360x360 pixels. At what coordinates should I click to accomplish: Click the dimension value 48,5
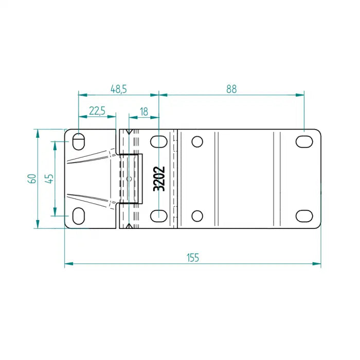click(118, 89)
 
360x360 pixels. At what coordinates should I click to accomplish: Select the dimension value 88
click(231, 89)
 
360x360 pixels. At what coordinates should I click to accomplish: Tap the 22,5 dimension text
click(97, 111)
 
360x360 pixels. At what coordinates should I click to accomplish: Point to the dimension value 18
click(144, 111)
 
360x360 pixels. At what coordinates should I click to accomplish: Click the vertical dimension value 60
click(32, 178)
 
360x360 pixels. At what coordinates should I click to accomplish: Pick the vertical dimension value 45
click(49, 178)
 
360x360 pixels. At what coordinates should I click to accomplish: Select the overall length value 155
click(192, 258)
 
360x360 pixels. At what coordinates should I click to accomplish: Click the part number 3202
click(159, 178)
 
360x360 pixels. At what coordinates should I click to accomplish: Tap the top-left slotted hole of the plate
click(79, 140)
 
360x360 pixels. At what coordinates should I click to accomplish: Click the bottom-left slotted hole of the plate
click(79, 215)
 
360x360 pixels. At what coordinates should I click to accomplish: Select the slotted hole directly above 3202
click(159, 141)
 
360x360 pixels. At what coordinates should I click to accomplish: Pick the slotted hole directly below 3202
click(159, 215)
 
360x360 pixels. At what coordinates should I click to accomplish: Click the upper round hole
click(197, 141)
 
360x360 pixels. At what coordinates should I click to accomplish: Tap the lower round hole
click(197, 215)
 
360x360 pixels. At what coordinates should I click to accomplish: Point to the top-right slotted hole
click(304, 141)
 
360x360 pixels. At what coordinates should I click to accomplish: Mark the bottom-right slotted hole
click(304, 215)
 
